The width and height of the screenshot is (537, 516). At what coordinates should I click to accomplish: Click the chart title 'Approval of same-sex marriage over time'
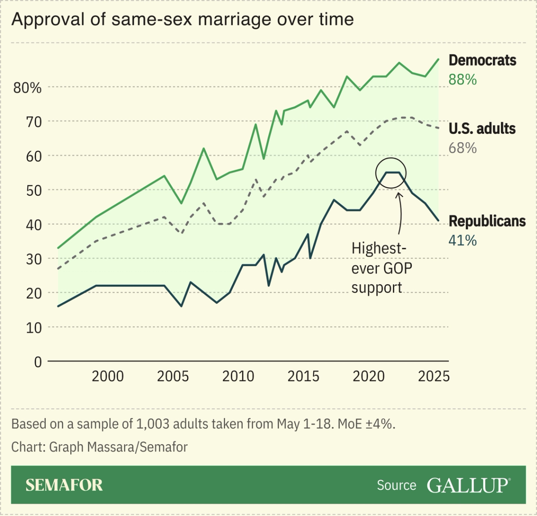(x=182, y=19)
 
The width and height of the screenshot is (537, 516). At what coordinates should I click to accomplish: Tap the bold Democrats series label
(x=482, y=60)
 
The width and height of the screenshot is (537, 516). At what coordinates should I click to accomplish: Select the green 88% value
(x=462, y=79)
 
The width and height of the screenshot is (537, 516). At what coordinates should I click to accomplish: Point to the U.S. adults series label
(x=481, y=128)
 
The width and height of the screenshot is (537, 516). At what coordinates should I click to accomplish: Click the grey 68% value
(x=462, y=148)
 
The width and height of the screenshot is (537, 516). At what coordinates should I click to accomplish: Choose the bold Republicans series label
(x=487, y=221)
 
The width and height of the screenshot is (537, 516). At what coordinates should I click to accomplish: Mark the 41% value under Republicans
(x=462, y=240)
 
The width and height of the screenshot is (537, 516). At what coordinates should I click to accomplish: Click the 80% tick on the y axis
(x=27, y=88)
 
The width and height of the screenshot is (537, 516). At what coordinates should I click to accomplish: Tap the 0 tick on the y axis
(x=38, y=362)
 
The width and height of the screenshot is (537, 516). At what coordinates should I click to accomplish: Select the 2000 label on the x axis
(x=107, y=376)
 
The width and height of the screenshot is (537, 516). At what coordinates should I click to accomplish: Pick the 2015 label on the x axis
(x=303, y=376)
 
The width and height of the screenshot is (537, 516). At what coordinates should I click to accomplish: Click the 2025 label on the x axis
(x=434, y=376)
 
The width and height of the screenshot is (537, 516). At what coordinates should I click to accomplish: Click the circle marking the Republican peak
(x=391, y=173)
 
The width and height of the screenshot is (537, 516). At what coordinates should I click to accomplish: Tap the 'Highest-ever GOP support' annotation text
(x=381, y=268)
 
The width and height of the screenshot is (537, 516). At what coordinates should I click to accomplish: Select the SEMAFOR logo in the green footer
(x=64, y=485)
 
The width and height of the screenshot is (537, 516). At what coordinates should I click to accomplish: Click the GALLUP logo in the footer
(x=468, y=485)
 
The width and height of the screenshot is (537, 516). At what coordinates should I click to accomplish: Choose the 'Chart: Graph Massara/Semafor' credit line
(x=99, y=446)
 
